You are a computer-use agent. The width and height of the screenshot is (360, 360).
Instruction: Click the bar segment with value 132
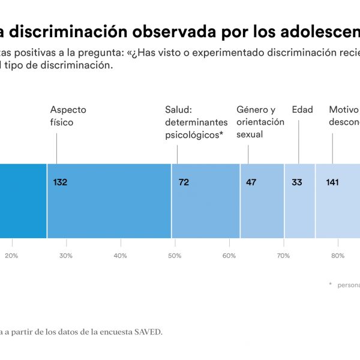tap(109, 201)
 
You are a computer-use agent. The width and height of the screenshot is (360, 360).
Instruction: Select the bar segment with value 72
tap(206, 201)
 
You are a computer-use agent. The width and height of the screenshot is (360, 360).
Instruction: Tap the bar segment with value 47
tap(262, 201)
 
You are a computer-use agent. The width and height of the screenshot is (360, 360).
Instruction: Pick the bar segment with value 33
tap(299, 201)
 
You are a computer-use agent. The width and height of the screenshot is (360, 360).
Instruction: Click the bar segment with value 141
tap(338, 201)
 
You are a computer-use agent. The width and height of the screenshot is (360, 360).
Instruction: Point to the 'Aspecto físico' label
tap(68, 116)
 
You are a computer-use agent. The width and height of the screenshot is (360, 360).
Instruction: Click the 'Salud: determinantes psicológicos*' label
tap(194, 122)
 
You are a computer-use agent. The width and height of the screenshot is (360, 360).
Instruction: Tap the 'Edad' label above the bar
tap(302, 110)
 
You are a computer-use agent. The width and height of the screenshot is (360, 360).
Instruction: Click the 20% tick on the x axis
tap(11, 256)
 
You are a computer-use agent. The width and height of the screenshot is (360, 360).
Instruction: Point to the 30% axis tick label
tap(66, 256)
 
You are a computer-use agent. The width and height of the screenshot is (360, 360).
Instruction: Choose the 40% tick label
tap(120, 256)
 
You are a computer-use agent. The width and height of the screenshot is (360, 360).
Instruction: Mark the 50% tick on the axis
tap(175, 256)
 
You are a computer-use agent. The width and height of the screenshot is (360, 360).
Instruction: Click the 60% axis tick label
tap(229, 256)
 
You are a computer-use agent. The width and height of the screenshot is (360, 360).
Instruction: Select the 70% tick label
tap(283, 256)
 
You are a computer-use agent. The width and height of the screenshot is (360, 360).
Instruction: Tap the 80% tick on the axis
tap(338, 256)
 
